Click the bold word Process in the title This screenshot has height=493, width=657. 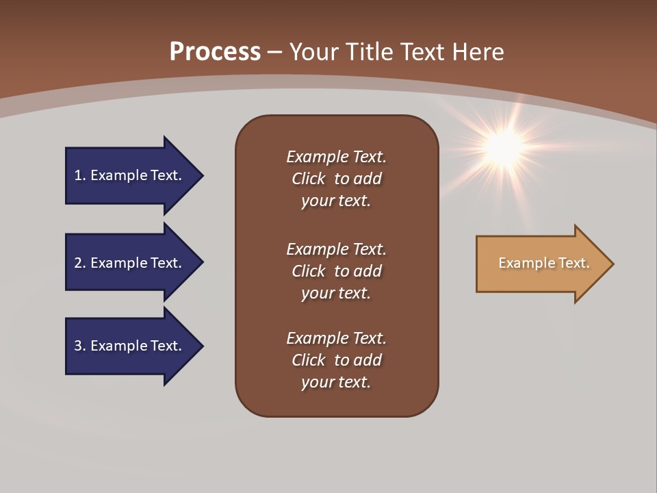point(215,52)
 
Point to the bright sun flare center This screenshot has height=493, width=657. point(505,146)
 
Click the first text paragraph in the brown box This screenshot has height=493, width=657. point(336,179)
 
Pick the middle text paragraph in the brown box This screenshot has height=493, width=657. point(336,271)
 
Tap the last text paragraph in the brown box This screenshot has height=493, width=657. point(336,360)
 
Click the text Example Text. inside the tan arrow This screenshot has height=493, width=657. point(544,263)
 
